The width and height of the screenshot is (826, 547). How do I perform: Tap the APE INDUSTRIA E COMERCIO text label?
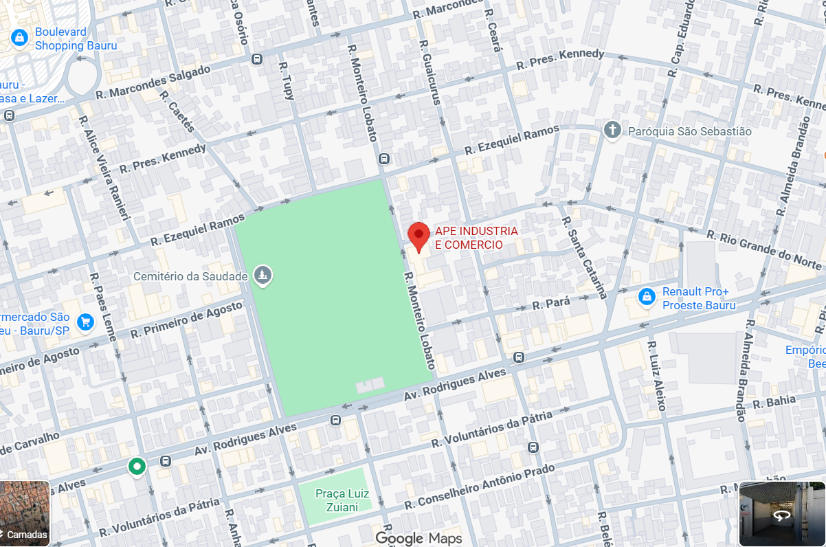pyautogui.click(x=476, y=238)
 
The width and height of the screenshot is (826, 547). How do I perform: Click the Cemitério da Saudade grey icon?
pyautogui.click(x=262, y=276)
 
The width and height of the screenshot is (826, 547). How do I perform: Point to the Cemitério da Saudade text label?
pyautogui.click(x=190, y=276)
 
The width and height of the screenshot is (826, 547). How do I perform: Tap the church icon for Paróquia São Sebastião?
pyautogui.click(x=612, y=131)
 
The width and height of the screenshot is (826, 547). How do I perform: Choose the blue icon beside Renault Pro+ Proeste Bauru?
pyautogui.click(x=645, y=298)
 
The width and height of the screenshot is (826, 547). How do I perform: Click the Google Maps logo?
pyautogui.click(x=418, y=538)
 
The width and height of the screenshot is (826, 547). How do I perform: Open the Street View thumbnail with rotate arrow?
pyautogui.click(x=781, y=513)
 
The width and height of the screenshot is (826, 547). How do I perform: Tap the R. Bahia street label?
pyautogui.click(x=774, y=401)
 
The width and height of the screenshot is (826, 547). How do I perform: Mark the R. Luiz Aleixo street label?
pyautogui.click(x=656, y=375)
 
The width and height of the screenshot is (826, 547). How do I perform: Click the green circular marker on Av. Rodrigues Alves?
pyautogui.click(x=137, y=467)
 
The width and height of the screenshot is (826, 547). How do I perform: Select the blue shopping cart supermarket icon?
pyautogui.click(x=85, y=322)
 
